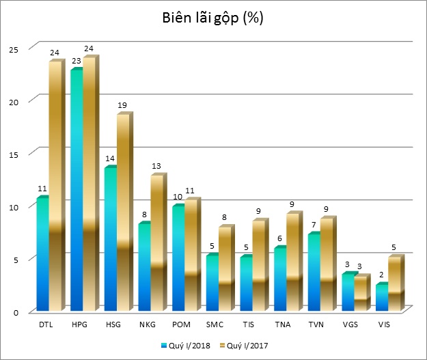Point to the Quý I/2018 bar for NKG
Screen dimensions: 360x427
coord(143,266)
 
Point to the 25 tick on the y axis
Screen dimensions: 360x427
coord(13,48)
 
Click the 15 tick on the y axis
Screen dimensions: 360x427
coord(13,154)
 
